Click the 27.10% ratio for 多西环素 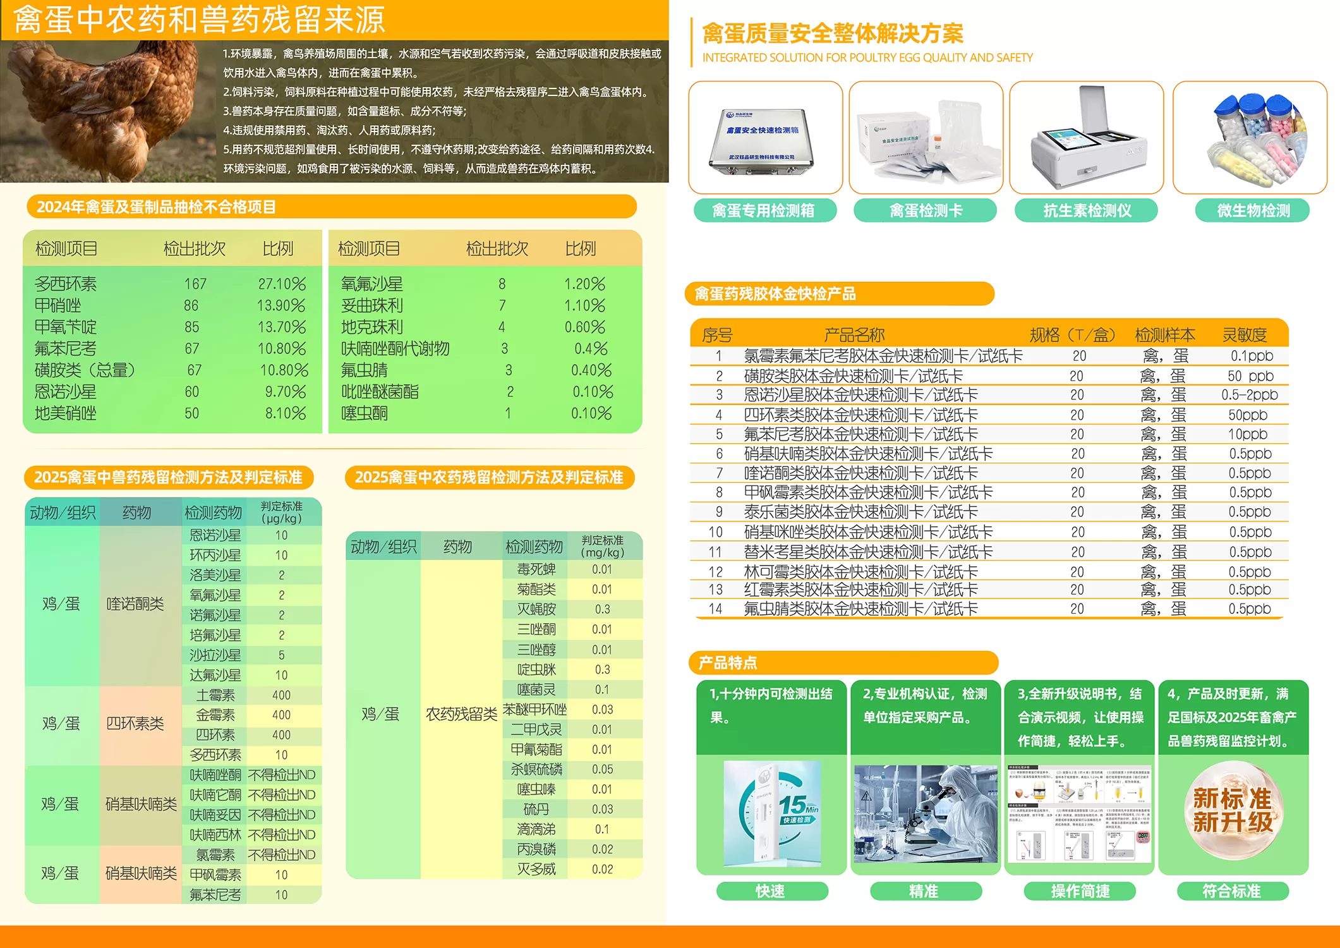click(282, 284)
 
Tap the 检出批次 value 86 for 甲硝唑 click(191, 306)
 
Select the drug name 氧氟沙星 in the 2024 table click(371, 284)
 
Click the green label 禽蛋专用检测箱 click(764, 210)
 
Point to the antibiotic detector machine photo click(1087, 138)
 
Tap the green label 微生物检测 click(1253, 210)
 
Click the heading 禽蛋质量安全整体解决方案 click(833, 33)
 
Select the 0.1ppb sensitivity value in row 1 click(1251, 356)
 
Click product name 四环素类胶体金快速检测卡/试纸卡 click(860, 415)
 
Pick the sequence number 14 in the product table click(715, 609)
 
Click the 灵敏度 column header click(1244, 334)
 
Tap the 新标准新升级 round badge click(1232, 810)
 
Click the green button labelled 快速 click(771, 891)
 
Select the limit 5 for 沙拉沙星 click(282, 655)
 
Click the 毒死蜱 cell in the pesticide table click(536, 569)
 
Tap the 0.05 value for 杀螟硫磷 click(602, 769)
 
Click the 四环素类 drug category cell click(135, 724)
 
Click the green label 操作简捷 click(1080, 891)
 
